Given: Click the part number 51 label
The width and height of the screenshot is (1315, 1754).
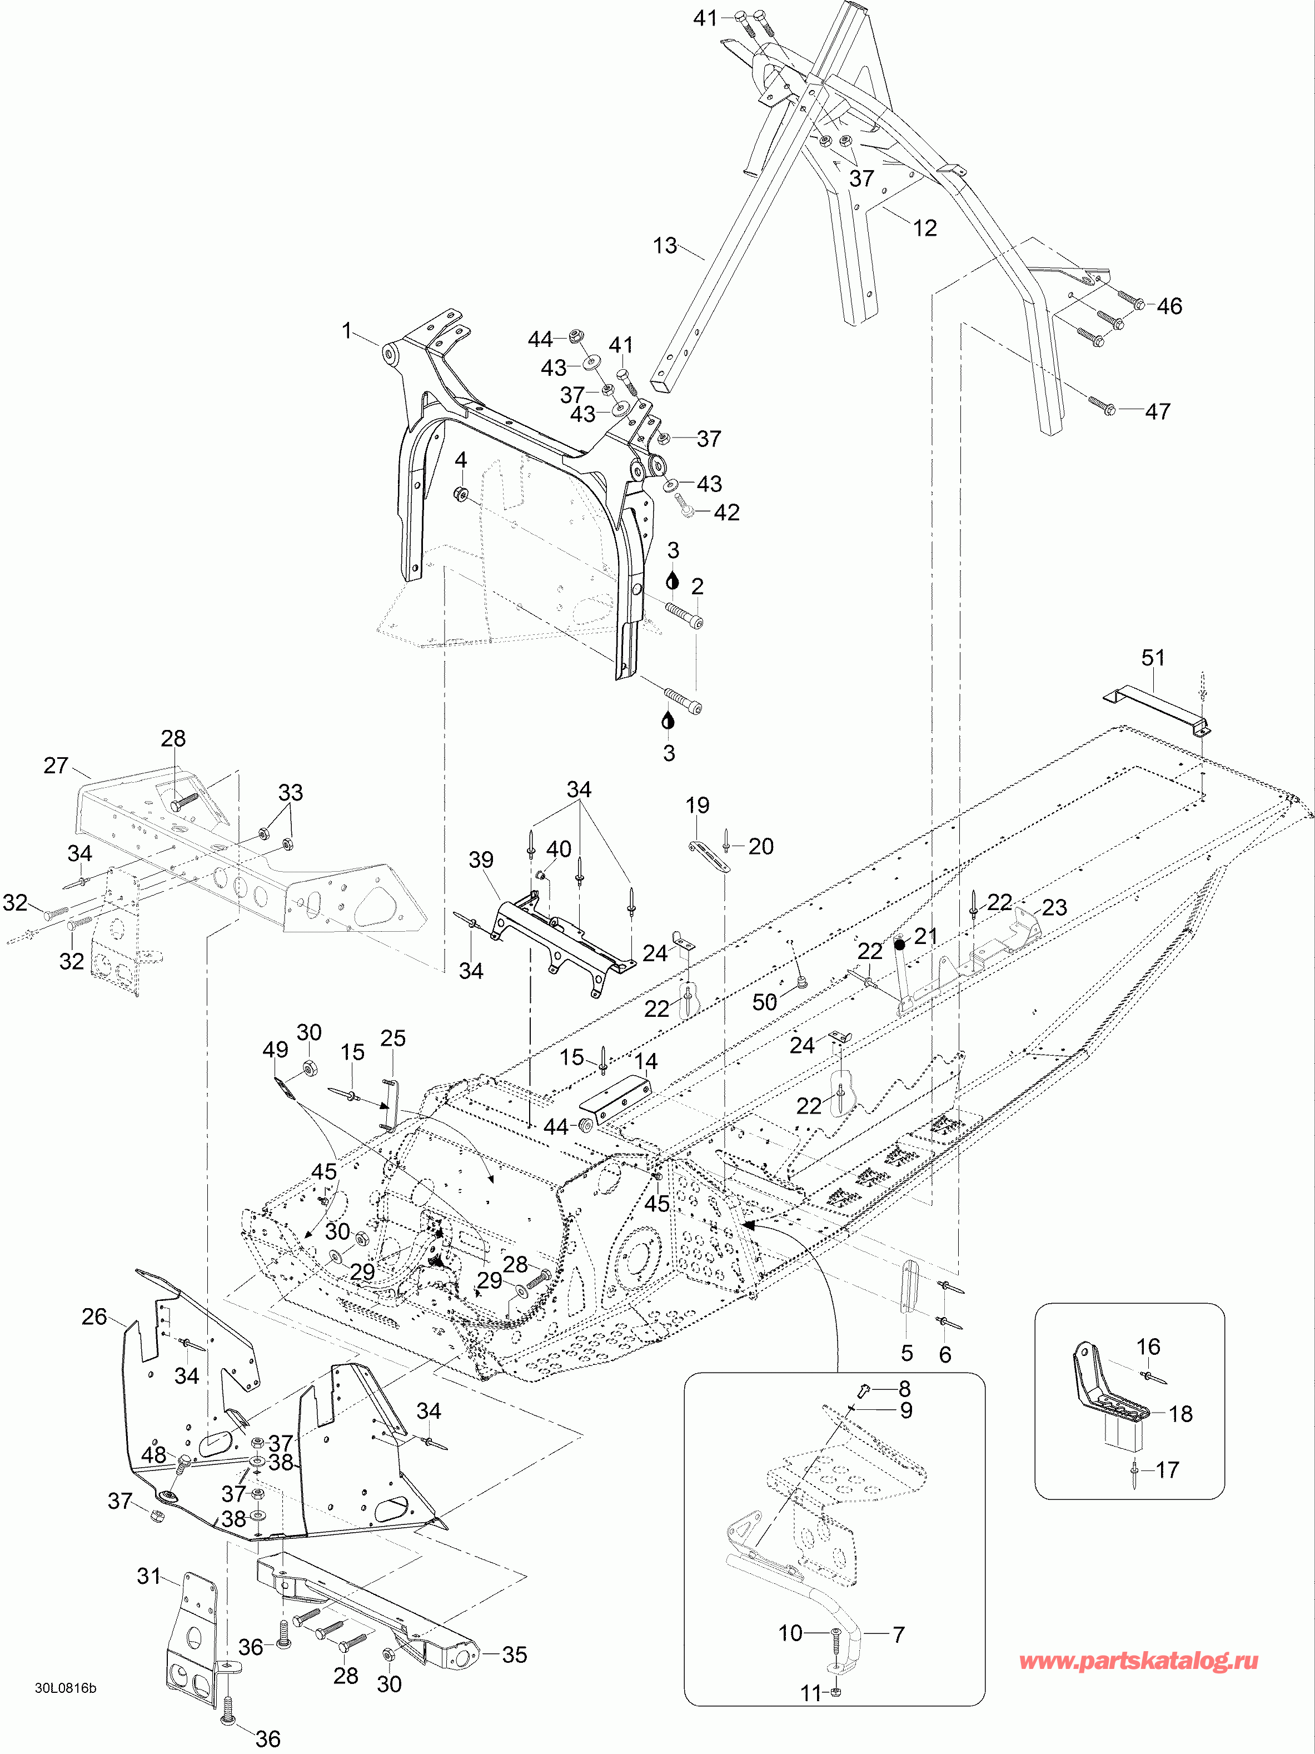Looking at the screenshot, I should click(1153, 658).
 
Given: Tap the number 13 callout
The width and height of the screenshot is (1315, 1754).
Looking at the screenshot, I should click(665, 246).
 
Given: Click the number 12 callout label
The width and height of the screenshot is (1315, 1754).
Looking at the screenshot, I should click(924, 228).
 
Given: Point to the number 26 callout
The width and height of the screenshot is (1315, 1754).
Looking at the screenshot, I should click(94, 1317).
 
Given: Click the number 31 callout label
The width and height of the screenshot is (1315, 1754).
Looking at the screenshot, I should click(149, 1577).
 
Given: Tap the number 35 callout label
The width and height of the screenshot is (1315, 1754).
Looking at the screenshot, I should click(515, 1655).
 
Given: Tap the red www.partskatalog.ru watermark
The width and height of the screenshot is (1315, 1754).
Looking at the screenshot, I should click(1138, 1661).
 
